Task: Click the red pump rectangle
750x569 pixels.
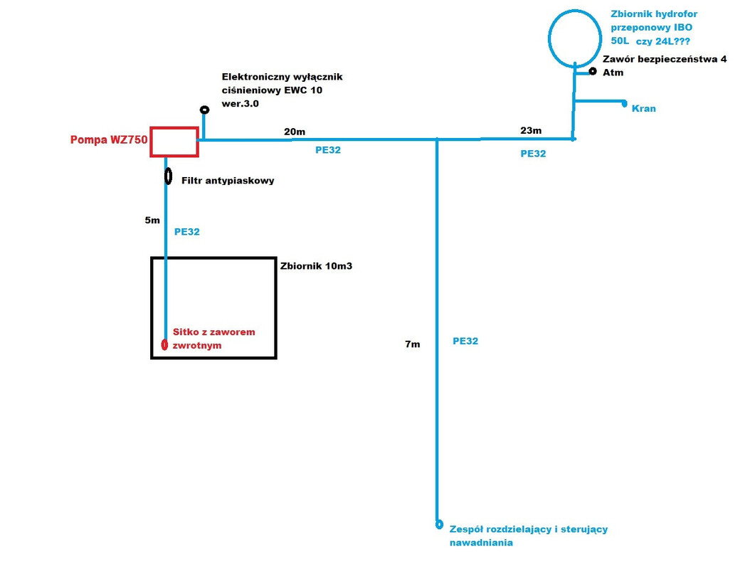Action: tap(174, 142)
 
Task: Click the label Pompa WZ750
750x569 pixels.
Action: tap(109, 140)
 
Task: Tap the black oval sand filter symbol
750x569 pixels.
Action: tap(168, 176)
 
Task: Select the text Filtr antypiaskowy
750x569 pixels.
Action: tap(228, 181)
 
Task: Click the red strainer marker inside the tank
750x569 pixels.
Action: tap(164, 346)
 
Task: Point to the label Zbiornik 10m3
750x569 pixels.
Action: tap(317, 266)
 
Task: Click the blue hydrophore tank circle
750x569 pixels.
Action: tap(575, 37)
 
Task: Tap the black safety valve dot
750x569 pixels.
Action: tap(593, 71)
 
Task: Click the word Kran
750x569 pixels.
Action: tap(644, 109)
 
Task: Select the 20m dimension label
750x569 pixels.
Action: tap(295, 132)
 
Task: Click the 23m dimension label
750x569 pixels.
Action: tap(531, 130)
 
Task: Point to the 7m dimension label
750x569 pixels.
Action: tap(412, 344)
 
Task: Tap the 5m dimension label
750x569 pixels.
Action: tap(152, 220)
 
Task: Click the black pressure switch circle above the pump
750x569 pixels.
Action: tap(204, 110)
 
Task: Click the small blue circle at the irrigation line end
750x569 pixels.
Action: tap(439, 525)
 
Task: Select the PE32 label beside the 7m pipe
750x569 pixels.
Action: tap(465, 341)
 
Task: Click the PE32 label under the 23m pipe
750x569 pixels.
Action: tap(533, 153)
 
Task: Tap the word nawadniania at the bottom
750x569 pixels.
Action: tap(480, 543)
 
